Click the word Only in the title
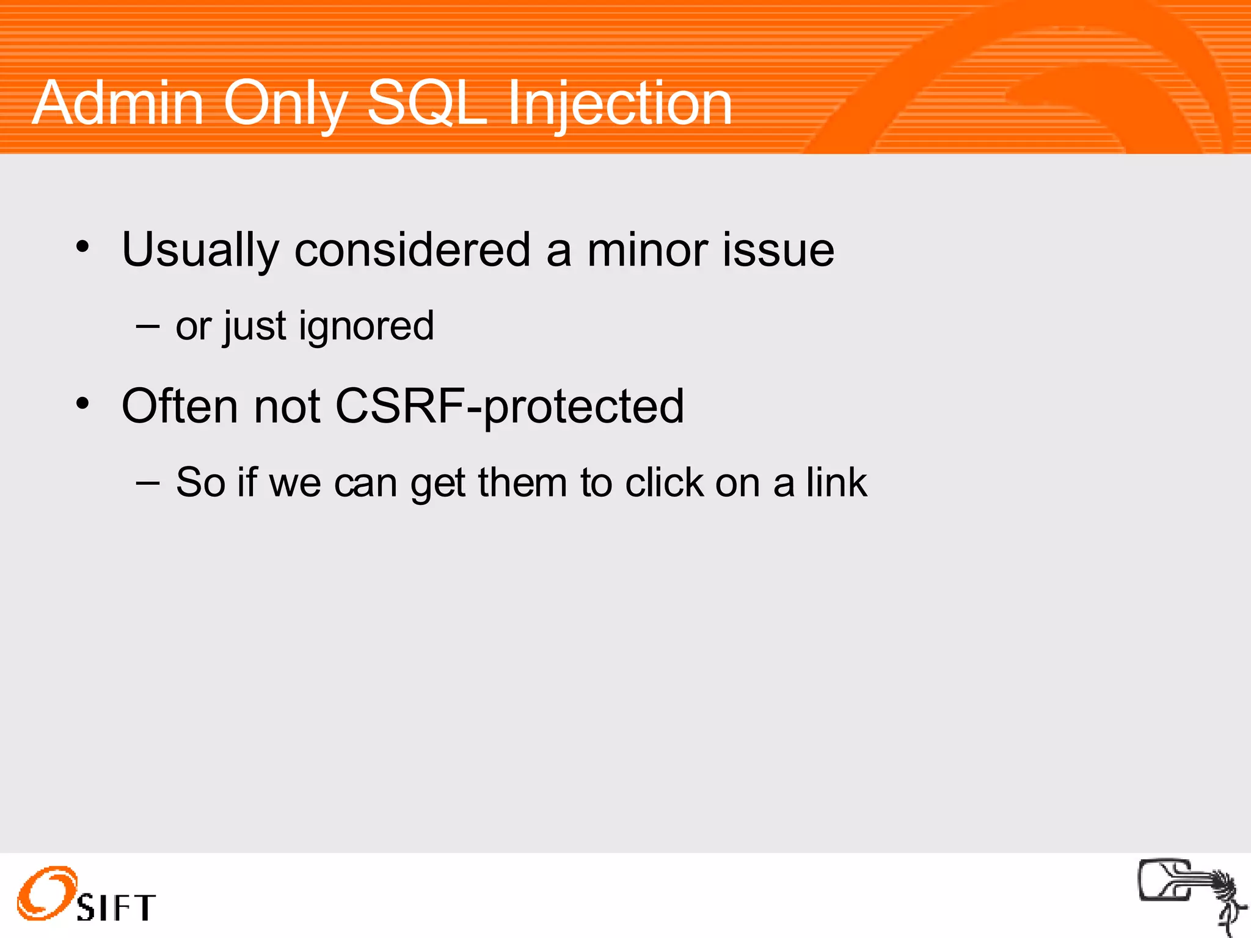[x=285, y=104]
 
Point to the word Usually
[x=200, y=250]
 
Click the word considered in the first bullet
[x=412, y=250]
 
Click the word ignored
[x=367, y=327]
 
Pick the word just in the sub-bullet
[x=255, y=327]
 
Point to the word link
[x=836, y=483]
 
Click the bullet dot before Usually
[x=82, y=247]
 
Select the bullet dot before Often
[x=82, y=404]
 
